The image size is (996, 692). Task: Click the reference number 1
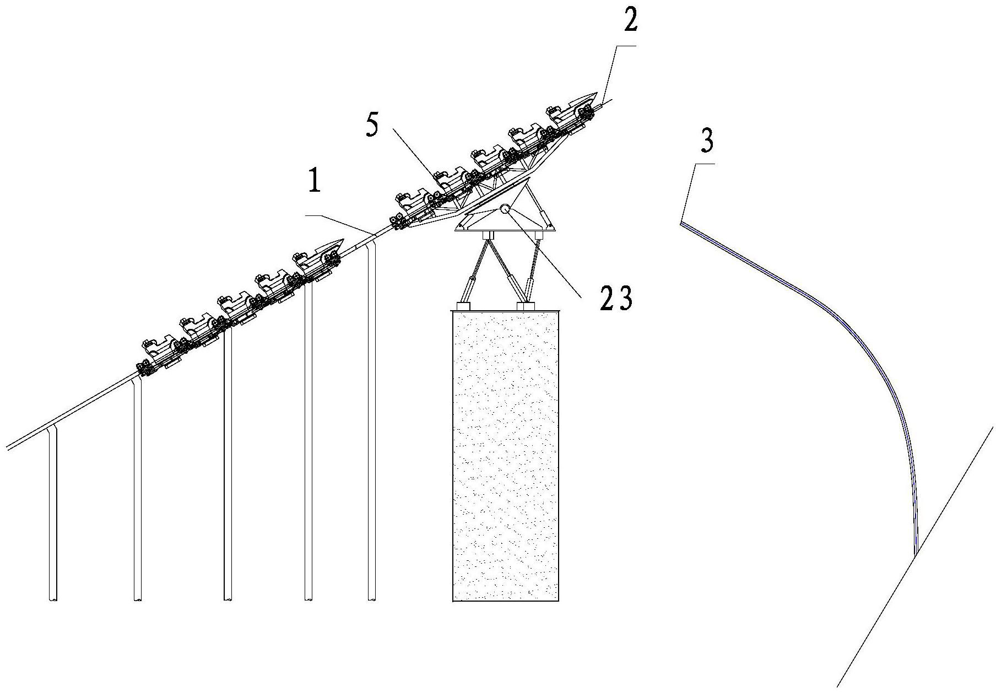pos(315,182)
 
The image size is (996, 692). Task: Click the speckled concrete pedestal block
pos(506,456)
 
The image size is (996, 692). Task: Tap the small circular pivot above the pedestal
pos(505,209)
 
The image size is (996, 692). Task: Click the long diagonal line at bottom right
pos(916,556)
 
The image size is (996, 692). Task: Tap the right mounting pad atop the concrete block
pos(526,305)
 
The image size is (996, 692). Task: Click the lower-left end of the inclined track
pos(7,446)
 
